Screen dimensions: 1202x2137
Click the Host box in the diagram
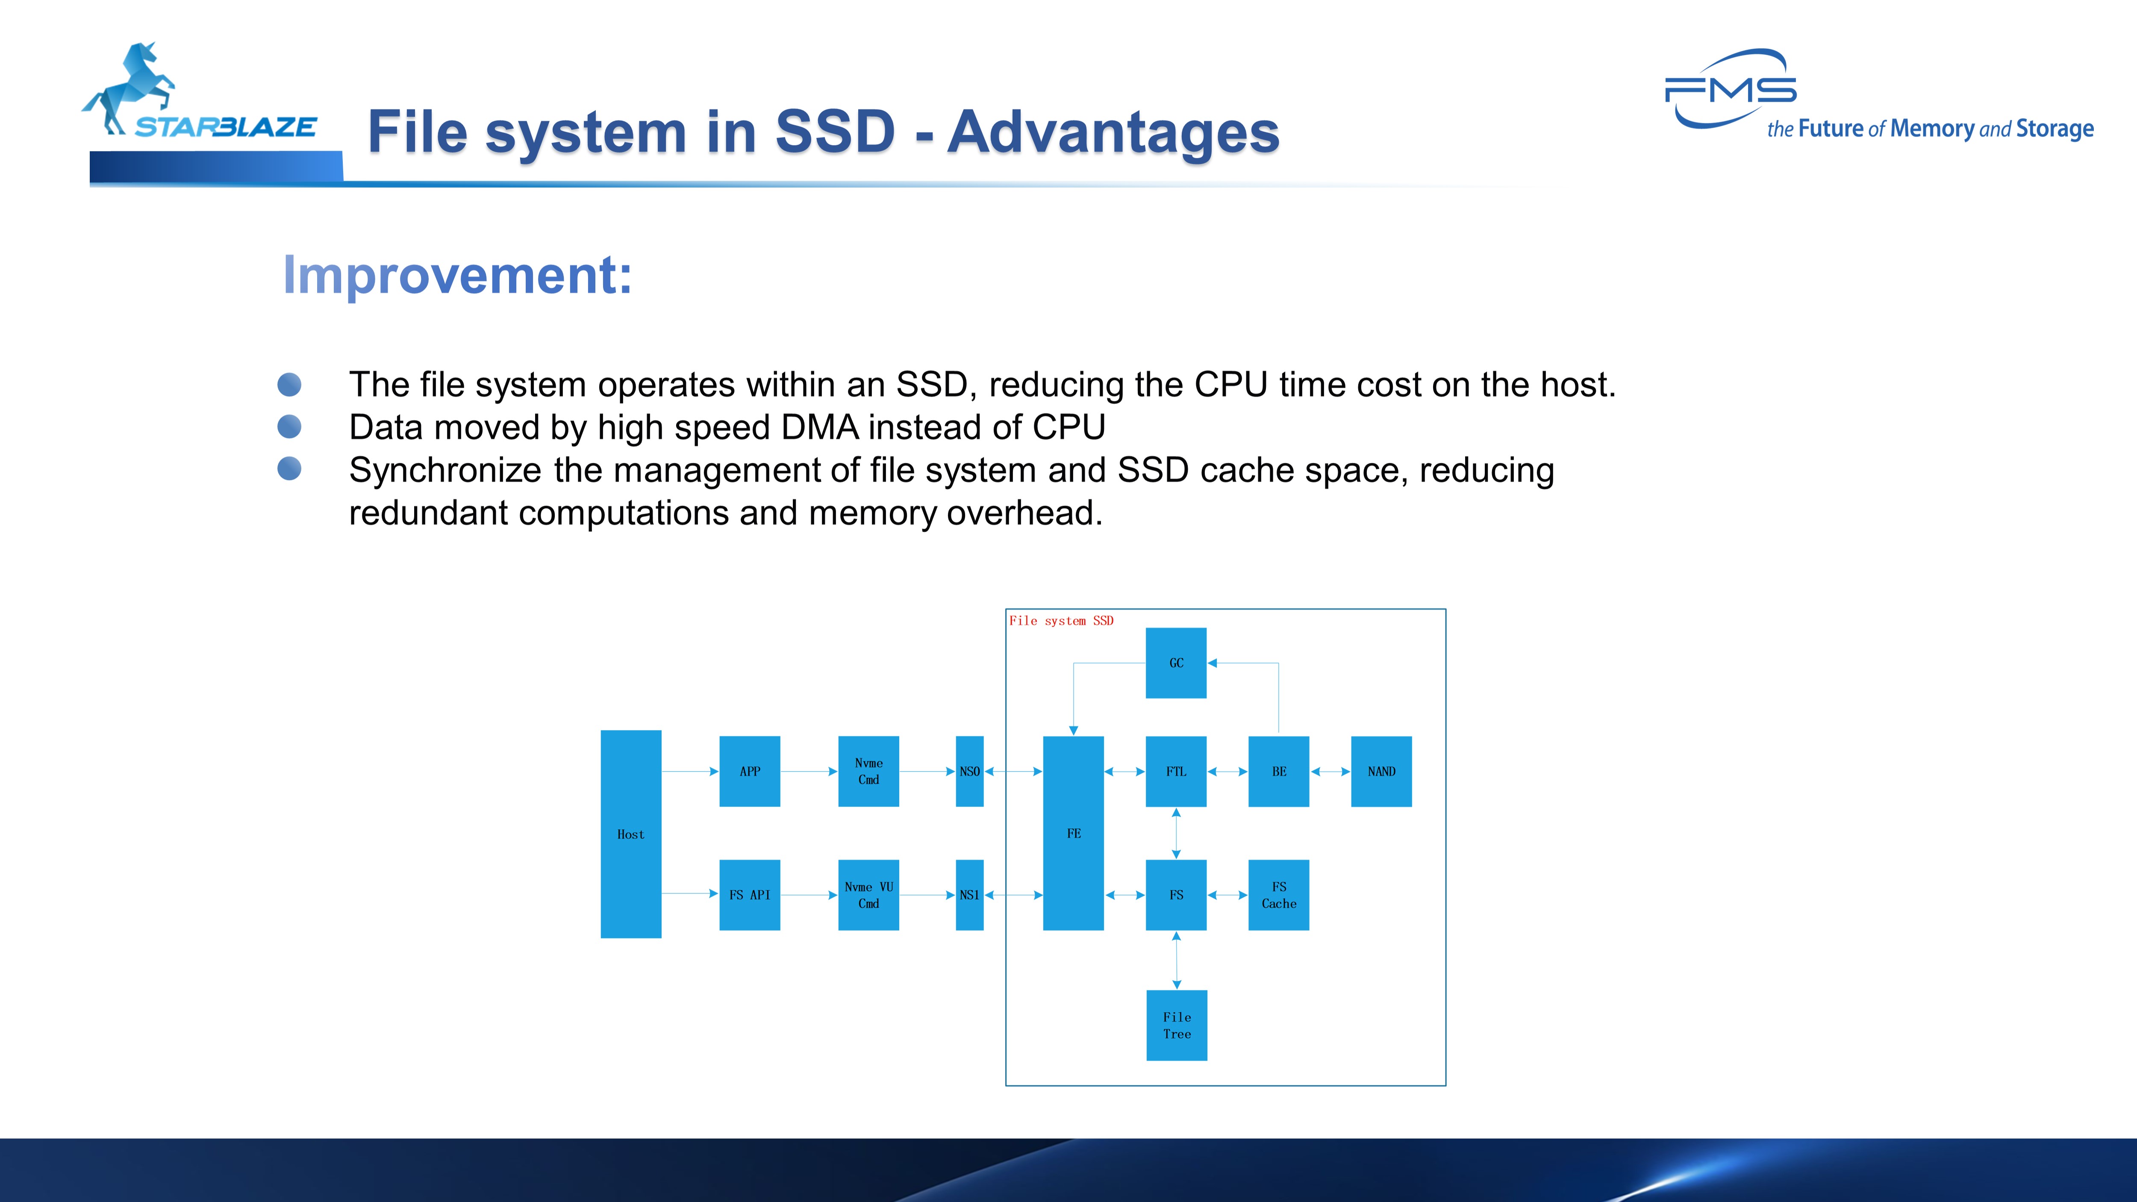click(x=630, y=834)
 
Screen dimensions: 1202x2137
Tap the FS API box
click(x=749, y=894)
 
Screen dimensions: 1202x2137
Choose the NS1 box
click(x=969, y=894)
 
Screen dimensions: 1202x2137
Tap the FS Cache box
click(x=1278, y=894)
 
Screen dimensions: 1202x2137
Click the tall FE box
click(x=1073, y=833)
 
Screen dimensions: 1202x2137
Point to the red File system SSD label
click(x=1061, y=621)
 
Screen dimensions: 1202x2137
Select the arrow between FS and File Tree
click(x=1176, y=960)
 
